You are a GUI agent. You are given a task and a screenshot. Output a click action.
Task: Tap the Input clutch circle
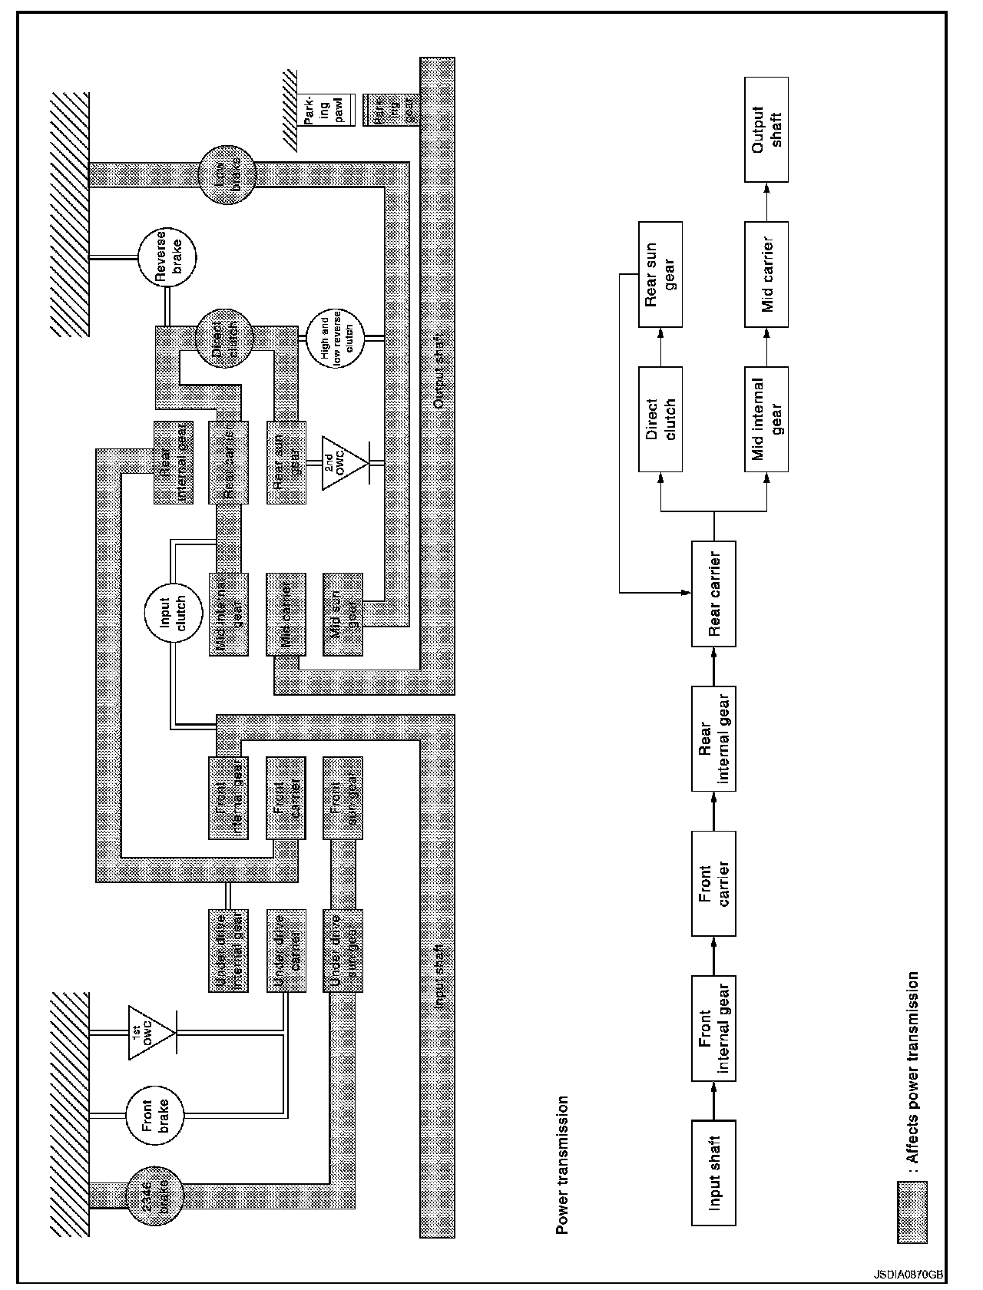[173, 614]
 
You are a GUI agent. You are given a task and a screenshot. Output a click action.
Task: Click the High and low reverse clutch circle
[336, 338]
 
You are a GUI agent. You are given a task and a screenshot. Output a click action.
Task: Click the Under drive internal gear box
[228, 951]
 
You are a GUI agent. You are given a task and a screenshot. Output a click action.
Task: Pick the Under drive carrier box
[285, 951]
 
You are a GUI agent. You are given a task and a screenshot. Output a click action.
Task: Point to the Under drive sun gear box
[343, 951]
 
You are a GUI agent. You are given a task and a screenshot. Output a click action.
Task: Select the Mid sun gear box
[343, 614]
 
